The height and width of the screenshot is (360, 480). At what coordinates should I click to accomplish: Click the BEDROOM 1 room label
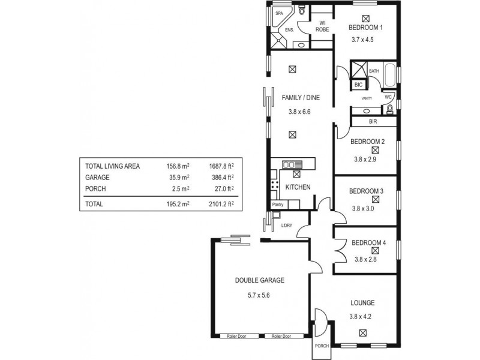tap(365, 28)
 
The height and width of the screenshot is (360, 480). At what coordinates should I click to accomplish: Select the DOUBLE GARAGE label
tap(259, 280)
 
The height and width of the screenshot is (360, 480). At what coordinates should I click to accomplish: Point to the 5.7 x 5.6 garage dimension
tap(259, 296)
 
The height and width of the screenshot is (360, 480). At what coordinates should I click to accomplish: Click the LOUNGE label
tap(362, 303)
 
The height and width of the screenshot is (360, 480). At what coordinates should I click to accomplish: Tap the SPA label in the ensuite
tap(279, 13)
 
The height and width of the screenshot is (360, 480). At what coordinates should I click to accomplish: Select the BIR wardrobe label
tap(373, 122)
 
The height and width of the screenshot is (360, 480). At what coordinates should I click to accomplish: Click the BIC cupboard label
tap(359, 85)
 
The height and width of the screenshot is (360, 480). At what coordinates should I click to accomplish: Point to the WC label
tap(388, 97)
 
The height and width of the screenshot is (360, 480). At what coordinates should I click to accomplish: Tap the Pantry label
tap(277, 205)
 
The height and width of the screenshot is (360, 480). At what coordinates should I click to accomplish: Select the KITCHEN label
tap(298, 187)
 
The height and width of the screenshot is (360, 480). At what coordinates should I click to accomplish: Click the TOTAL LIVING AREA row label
tap(113, 166)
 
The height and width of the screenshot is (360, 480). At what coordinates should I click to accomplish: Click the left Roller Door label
tap(236, 337)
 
